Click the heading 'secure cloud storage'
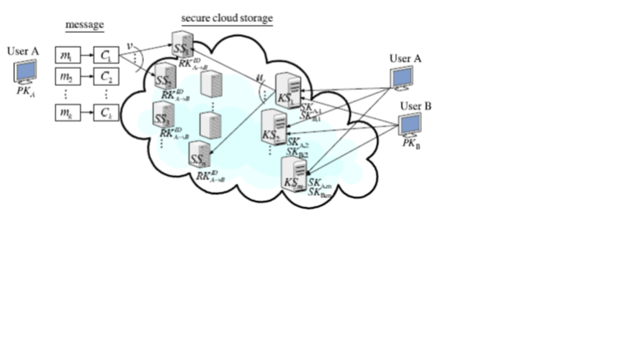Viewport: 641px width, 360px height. (x=227, y=17)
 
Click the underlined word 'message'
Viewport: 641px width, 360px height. (x=84, y=26)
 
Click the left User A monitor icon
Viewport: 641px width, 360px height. (x=24, y=73)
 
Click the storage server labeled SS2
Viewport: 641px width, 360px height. (x=165, y=77)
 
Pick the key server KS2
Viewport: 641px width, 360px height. (x=275, y=127)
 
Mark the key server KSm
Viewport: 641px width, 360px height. (x=294, y=175)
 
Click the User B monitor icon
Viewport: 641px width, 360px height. (x=410, y=125)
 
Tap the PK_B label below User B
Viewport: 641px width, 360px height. (x=409, y=144)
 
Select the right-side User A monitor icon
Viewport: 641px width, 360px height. (x=402, y=79)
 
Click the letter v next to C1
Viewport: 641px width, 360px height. (x=130, y=45)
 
